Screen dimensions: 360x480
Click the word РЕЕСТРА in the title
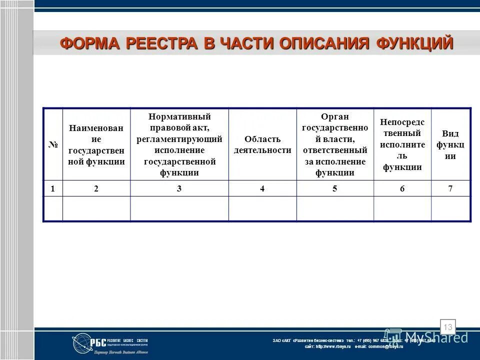click(161, 43)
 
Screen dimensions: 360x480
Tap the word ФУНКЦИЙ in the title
click(415, 43)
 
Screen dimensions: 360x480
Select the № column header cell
click(52, 144)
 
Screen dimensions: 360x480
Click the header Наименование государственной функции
click(96, 144)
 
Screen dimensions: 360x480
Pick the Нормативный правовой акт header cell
click(179, 144)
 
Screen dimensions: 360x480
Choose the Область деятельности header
click(262, 144)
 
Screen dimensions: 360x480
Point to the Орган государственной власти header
click(334, 144)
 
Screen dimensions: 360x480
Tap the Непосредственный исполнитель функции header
click(402, 144)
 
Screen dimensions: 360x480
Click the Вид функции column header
click(450, 144)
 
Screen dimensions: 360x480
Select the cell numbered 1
click(52, 188)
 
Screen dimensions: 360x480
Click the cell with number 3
click(179, 188)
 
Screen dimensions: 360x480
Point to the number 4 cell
click(262, 188)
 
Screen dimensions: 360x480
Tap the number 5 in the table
click(334, 188)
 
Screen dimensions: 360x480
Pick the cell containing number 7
click(450, 188)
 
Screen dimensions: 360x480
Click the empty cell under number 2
click(96, 208)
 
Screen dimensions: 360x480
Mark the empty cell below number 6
click(402, 208)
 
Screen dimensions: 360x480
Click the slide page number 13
click(447, 327)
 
